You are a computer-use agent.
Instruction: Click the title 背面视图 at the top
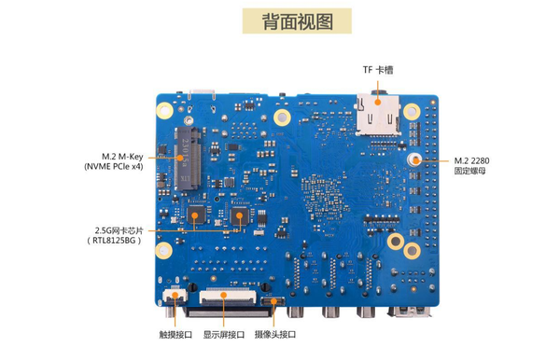(x=297, y=21)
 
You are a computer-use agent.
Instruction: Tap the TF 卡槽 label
(x=378, y=70)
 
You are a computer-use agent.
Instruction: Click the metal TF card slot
(x=377, y=114)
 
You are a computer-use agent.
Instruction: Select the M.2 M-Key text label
(x=122, y=157)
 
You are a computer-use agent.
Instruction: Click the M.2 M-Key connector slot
(x=187, y=158)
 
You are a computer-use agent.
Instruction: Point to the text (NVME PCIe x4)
(x=114, y=166)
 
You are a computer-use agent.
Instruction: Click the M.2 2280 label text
(x=471, y=160)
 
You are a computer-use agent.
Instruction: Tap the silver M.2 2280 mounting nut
(x=414, y=159)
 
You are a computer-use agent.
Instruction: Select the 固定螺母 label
(x=469, y=171)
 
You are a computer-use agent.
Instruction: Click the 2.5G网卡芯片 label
(x=119, y=230)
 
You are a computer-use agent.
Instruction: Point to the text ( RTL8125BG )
(x=114, y=240)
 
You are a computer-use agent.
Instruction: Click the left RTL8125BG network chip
(x=196, y=215)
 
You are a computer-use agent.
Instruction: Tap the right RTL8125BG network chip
(x=240, y=215)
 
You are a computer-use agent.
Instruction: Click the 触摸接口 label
(x=175, y=335)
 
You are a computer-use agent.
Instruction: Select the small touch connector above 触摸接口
(x=175, y=296)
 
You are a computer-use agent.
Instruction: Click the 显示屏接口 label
(x=224, y=335)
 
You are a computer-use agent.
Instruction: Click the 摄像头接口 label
(x=275, y=335)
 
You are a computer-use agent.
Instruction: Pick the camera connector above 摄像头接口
(x=273, y=301)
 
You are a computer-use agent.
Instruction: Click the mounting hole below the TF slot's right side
(x=412, y=112)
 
